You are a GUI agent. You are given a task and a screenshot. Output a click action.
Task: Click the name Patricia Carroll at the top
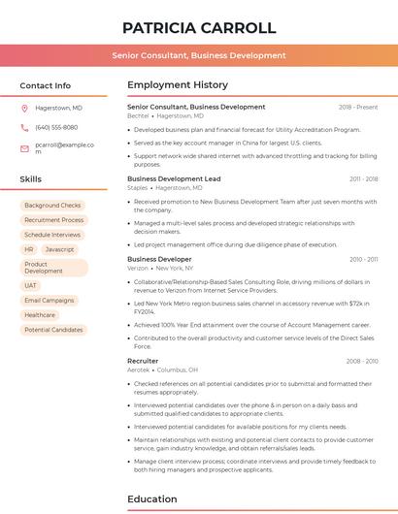(x=199, y=28)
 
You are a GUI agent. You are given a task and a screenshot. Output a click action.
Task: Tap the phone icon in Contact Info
(x=24, y=127)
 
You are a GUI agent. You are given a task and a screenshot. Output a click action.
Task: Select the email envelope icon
(x=24, y=148)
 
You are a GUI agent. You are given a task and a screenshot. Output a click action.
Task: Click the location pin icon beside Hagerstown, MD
(x=24, y=108)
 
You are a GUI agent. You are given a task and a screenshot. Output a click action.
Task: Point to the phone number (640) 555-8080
(x=56, y=127)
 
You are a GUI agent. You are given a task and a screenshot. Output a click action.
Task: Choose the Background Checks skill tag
(x=52, y=206)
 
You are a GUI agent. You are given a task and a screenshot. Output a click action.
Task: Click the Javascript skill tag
(x=59, y=249)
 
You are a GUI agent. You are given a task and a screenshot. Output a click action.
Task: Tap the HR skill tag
(x=29, y=249)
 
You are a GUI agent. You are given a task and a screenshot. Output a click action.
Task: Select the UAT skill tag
(x=31, y=285)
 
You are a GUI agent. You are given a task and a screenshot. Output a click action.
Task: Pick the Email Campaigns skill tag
(x=50, y=301)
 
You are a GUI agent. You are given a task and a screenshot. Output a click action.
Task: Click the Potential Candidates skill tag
(x=53, y=330)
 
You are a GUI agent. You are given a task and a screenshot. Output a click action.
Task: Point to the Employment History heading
(x=178, y=84)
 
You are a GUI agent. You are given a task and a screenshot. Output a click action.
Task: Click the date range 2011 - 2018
(x=363, y=179)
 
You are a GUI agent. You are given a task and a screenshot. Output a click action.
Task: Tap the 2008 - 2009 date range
(x=362, y=361)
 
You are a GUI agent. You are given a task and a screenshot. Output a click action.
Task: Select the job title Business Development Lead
(x=174, y=179)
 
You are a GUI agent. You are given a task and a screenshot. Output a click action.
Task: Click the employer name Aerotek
(x=139, y=369)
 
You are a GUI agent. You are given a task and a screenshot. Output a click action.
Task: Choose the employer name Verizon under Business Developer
(x=138, y=268)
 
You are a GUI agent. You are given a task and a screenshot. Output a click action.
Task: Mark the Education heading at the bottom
(x=151, y=499)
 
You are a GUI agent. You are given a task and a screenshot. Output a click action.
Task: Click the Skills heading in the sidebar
(x=31, y=178)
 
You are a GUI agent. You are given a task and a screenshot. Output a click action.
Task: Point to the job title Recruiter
(x=143, y=361)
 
